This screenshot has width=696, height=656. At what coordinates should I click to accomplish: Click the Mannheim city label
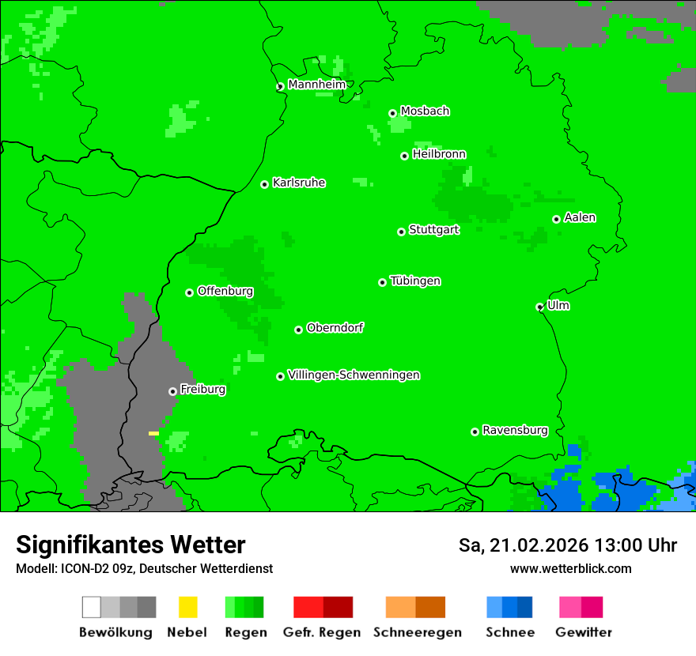tap(316, 85)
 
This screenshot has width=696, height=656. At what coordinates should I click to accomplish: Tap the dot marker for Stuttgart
tap(401, 232)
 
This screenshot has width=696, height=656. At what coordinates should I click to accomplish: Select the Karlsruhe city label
tap(298, 183)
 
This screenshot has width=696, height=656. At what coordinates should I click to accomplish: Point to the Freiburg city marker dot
tap(172, 391)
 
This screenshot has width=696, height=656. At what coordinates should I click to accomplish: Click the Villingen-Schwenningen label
tap(354, 375)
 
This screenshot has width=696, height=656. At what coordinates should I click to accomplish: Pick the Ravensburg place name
tap(515, 430)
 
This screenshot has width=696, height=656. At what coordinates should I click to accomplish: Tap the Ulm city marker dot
tap(540, 307)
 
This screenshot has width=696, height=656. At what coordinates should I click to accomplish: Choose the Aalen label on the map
tap(580, 217)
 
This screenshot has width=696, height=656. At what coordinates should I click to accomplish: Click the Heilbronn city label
tap(439, 154)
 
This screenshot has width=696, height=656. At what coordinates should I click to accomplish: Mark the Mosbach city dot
tap(392, 113)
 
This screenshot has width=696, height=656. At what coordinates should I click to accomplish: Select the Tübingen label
tap(415, 281)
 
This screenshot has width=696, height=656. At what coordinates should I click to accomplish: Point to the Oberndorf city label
tap(335, 327)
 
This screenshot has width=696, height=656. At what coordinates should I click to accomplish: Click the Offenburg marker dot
tap(189, 292)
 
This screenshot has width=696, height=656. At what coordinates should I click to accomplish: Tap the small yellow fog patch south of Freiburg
tap(153, 433)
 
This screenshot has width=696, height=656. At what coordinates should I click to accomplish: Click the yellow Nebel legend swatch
tap(187, 607)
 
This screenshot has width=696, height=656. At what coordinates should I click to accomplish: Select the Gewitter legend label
tap(583, 632)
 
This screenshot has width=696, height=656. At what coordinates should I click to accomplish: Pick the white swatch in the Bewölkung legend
tap(92, 607)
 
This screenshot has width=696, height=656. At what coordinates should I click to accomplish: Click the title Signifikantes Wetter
tap(130, 545)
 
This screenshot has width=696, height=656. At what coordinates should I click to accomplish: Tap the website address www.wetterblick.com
tap(570, 568)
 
